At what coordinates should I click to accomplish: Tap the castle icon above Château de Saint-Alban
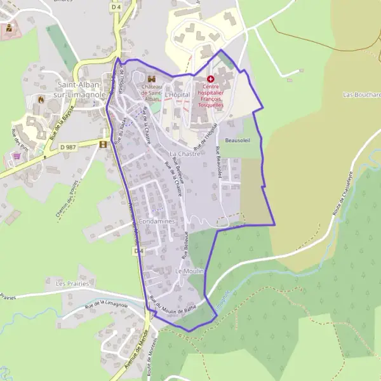(x=151, y=78)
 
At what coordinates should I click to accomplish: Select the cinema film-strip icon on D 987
(x=103, y=144)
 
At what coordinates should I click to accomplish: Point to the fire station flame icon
(x=41, y=99)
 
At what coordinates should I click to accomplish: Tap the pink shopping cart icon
(x=17, y=156)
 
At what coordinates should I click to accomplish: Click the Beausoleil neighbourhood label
(x=238, y=140)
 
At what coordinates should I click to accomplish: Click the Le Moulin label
(x=189, y=271)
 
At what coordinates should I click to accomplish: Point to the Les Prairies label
(x=70, y=283)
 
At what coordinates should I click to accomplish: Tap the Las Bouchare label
(x=362, y=95)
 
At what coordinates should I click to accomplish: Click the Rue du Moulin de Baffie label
(x=174, y=307)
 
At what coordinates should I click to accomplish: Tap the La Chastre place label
(x=185, y=154)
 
